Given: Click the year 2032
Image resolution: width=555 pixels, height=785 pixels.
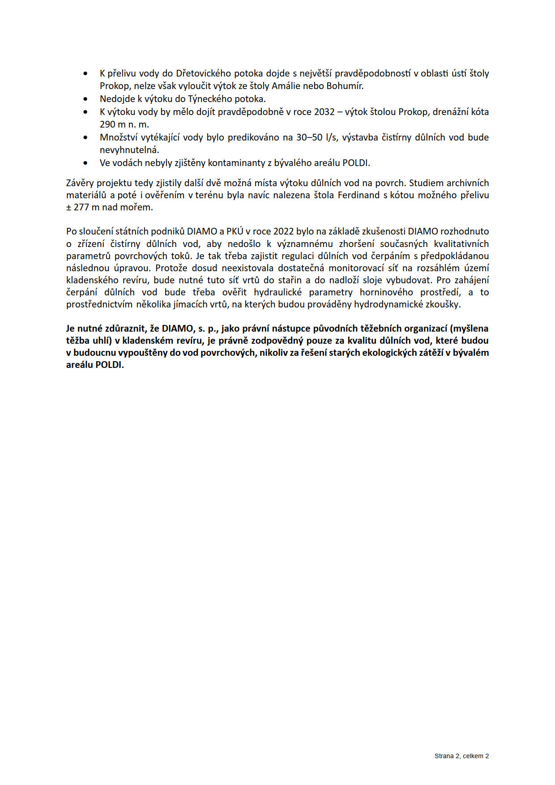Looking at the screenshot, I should tap(324, 112).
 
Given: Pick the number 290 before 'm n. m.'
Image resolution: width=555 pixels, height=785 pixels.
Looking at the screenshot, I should tap(107, 124).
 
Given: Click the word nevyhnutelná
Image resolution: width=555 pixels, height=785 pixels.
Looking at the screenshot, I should tap(129, 150).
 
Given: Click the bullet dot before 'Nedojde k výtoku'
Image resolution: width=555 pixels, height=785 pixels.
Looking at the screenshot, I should tap(85, 99).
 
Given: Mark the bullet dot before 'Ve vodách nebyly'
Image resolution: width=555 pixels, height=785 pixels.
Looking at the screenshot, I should tap(85, 163).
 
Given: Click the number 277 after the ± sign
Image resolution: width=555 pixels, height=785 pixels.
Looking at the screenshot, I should tap(81, 208).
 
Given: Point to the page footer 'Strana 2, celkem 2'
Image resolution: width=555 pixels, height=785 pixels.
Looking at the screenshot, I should tap(461, 756).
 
